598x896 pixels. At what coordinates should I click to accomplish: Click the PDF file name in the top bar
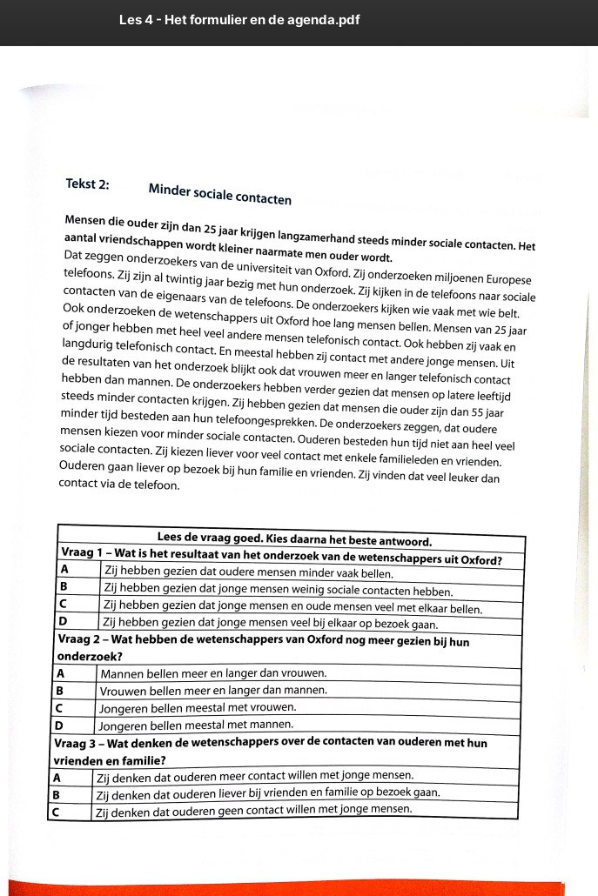[239, 20]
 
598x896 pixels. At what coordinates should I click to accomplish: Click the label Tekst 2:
[87, 184]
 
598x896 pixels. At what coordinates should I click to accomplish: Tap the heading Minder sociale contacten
[219, 193]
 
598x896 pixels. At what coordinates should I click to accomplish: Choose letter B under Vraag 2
[60, 691]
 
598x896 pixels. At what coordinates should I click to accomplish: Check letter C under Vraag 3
[55, 811]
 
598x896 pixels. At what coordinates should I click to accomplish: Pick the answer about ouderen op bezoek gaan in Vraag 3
[266, 793]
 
